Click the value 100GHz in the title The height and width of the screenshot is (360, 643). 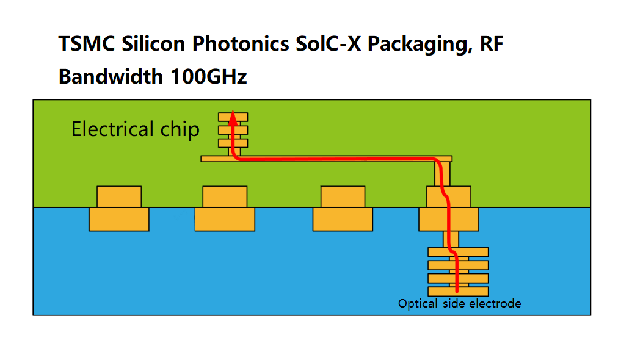click(208, 77)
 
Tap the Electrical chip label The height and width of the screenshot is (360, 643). click(135, 129)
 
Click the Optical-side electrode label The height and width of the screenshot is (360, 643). click(459, 303)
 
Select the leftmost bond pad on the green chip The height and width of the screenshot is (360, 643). click(119, 197)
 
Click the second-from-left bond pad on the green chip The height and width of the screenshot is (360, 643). click(225, 197)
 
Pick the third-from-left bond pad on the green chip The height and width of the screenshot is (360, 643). click(343, 197)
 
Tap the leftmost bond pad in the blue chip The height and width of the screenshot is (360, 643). click(119, 220)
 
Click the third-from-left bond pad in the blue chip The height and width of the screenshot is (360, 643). click(343, 220)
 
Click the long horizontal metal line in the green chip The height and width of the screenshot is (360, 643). click(336, 159)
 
